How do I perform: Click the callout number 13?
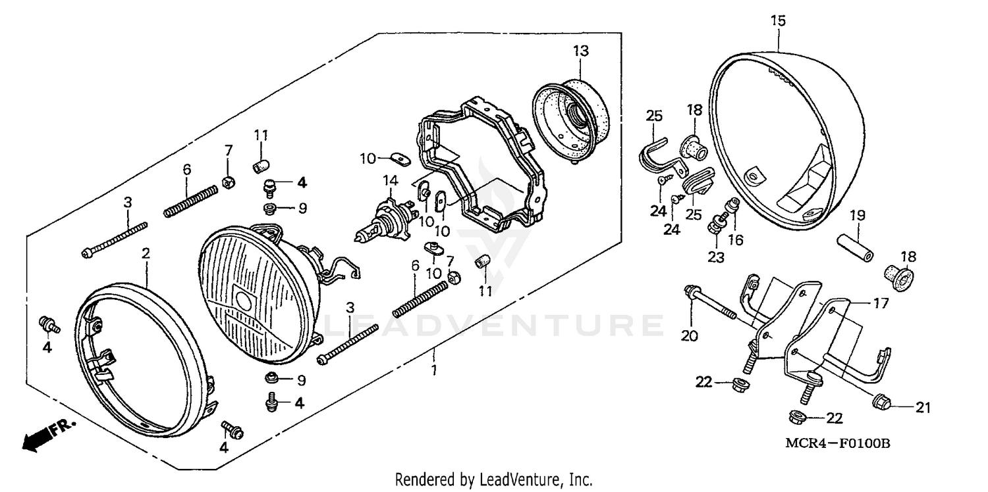580,51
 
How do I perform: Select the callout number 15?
778,21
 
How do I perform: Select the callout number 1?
433,370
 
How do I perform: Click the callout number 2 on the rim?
146,253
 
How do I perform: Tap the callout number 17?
881,303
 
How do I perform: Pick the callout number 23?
716,257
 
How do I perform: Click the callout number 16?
736,240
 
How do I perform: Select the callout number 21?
923,408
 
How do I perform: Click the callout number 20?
689,336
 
